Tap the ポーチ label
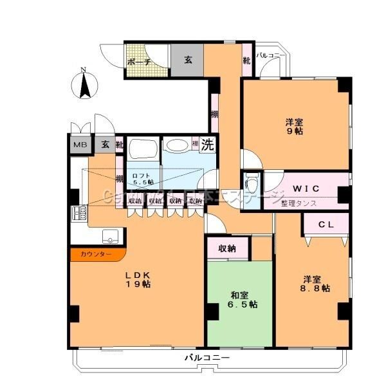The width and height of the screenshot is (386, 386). tap(139, 62)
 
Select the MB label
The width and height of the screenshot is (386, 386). tap(80, 145)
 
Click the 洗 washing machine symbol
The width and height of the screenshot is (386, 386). tap(207, 145)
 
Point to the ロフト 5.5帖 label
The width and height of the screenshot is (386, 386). tap(142, 178)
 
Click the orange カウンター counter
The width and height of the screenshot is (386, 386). tap(96, 255)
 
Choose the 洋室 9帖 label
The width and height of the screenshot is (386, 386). tap(295, 126)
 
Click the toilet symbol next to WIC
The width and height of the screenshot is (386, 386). tap(252, 180)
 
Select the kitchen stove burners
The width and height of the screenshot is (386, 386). tap(80, 212)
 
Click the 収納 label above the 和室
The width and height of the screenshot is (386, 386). tap(226, 248)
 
